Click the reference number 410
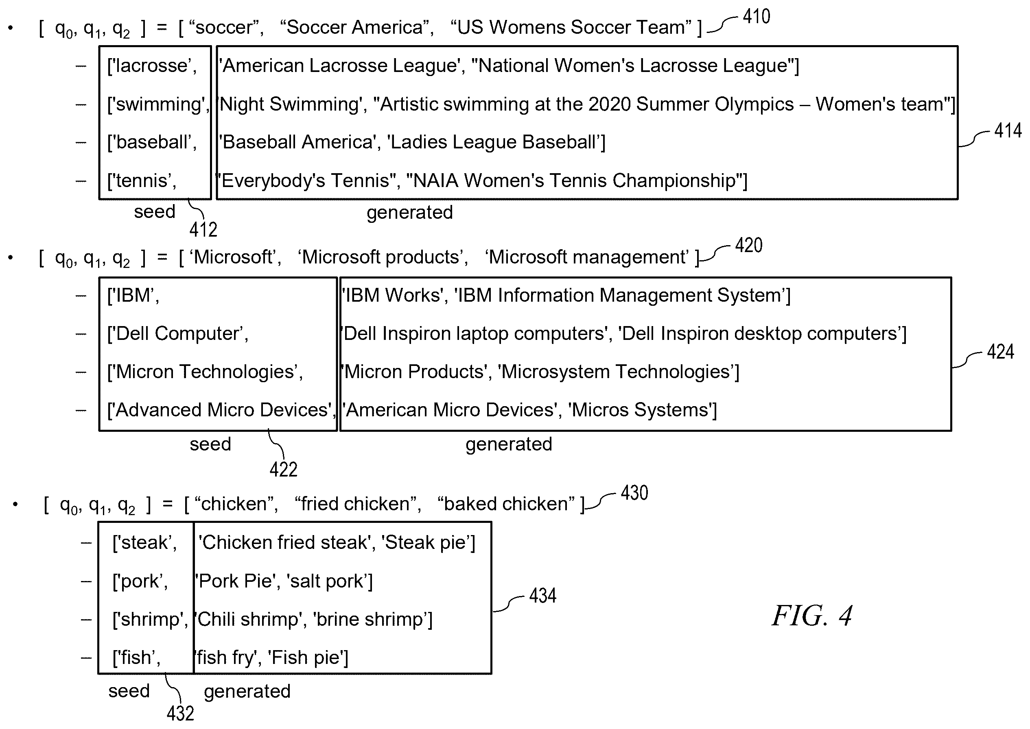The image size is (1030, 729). tap(757, 17)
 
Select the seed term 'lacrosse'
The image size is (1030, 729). tap(151, 66)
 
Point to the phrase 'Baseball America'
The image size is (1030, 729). tap(297, 142)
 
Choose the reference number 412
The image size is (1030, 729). tap(203, 230)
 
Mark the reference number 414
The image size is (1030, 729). tap(1008, 131)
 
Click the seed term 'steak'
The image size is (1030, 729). tap(144, 543)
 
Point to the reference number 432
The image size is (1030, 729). tap(180, 713)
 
